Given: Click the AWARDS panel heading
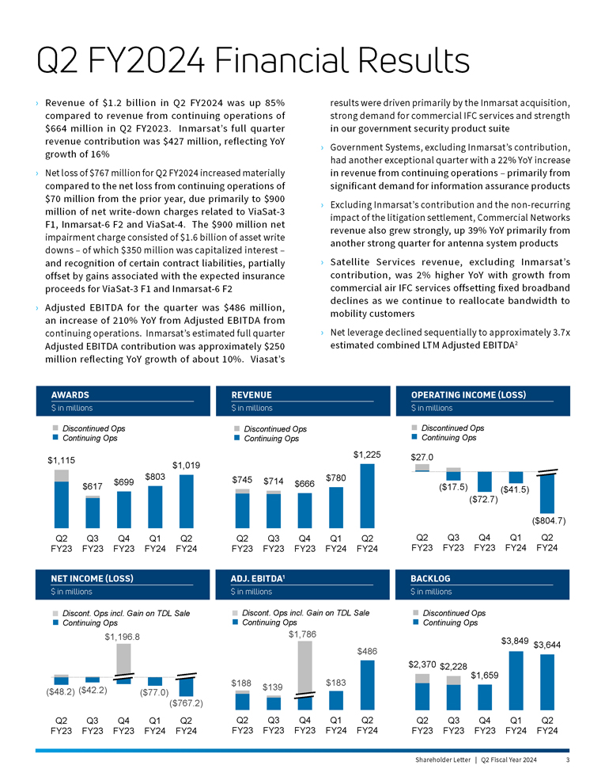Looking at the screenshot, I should pos(70,394).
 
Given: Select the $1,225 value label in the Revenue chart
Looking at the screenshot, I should pos(367,454).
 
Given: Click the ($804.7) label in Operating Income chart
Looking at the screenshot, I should pos(548,520).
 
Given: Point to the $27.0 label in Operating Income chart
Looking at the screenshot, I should pos(422,457).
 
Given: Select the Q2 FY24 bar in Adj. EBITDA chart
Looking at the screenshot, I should pos(367,684).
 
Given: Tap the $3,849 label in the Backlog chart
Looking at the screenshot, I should pos(516,640).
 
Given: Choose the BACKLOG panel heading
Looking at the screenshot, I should pos(430,578).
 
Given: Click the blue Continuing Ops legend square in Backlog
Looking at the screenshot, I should pos(415,622).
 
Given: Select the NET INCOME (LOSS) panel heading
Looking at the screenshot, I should pos(91,578).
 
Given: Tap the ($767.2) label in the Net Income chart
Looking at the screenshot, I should pos(187,702).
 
